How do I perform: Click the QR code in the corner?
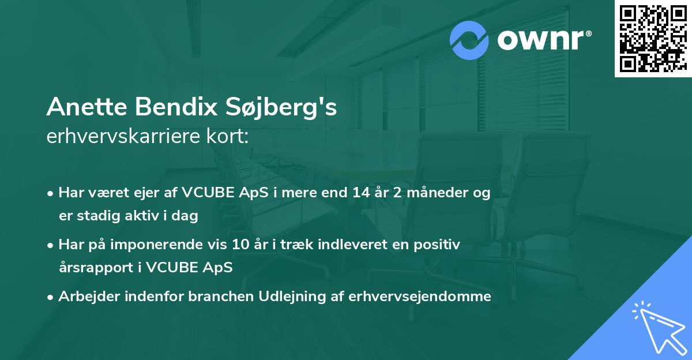pos(653,38)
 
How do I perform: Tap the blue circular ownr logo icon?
pos(469,40)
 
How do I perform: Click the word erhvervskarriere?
pos(121,137)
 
